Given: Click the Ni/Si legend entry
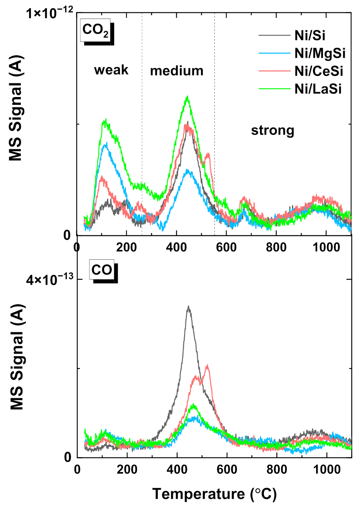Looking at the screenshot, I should point(310,35).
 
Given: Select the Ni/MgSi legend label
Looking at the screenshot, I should point(320,53).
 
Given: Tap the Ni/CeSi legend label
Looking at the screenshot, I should point(319,71).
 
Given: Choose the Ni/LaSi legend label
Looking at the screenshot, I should point(318,89).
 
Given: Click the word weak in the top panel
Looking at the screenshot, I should point(111,70).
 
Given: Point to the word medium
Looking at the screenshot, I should point(177,71).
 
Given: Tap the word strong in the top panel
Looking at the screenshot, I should point(273,130).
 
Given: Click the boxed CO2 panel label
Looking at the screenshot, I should point(95,30).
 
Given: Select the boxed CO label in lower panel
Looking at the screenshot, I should point(101,270).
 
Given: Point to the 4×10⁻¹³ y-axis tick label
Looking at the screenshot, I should point(50,280).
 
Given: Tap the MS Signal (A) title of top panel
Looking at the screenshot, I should point(16,108).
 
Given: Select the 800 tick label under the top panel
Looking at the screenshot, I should point(276,247).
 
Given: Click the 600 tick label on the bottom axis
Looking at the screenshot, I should point(227,469).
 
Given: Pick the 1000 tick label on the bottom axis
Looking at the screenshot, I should point(327,469).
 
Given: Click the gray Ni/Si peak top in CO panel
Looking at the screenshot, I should point(188,307).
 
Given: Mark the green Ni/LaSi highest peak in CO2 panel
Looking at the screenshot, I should point(187,97).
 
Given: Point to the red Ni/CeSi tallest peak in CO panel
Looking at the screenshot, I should point(207,366).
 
